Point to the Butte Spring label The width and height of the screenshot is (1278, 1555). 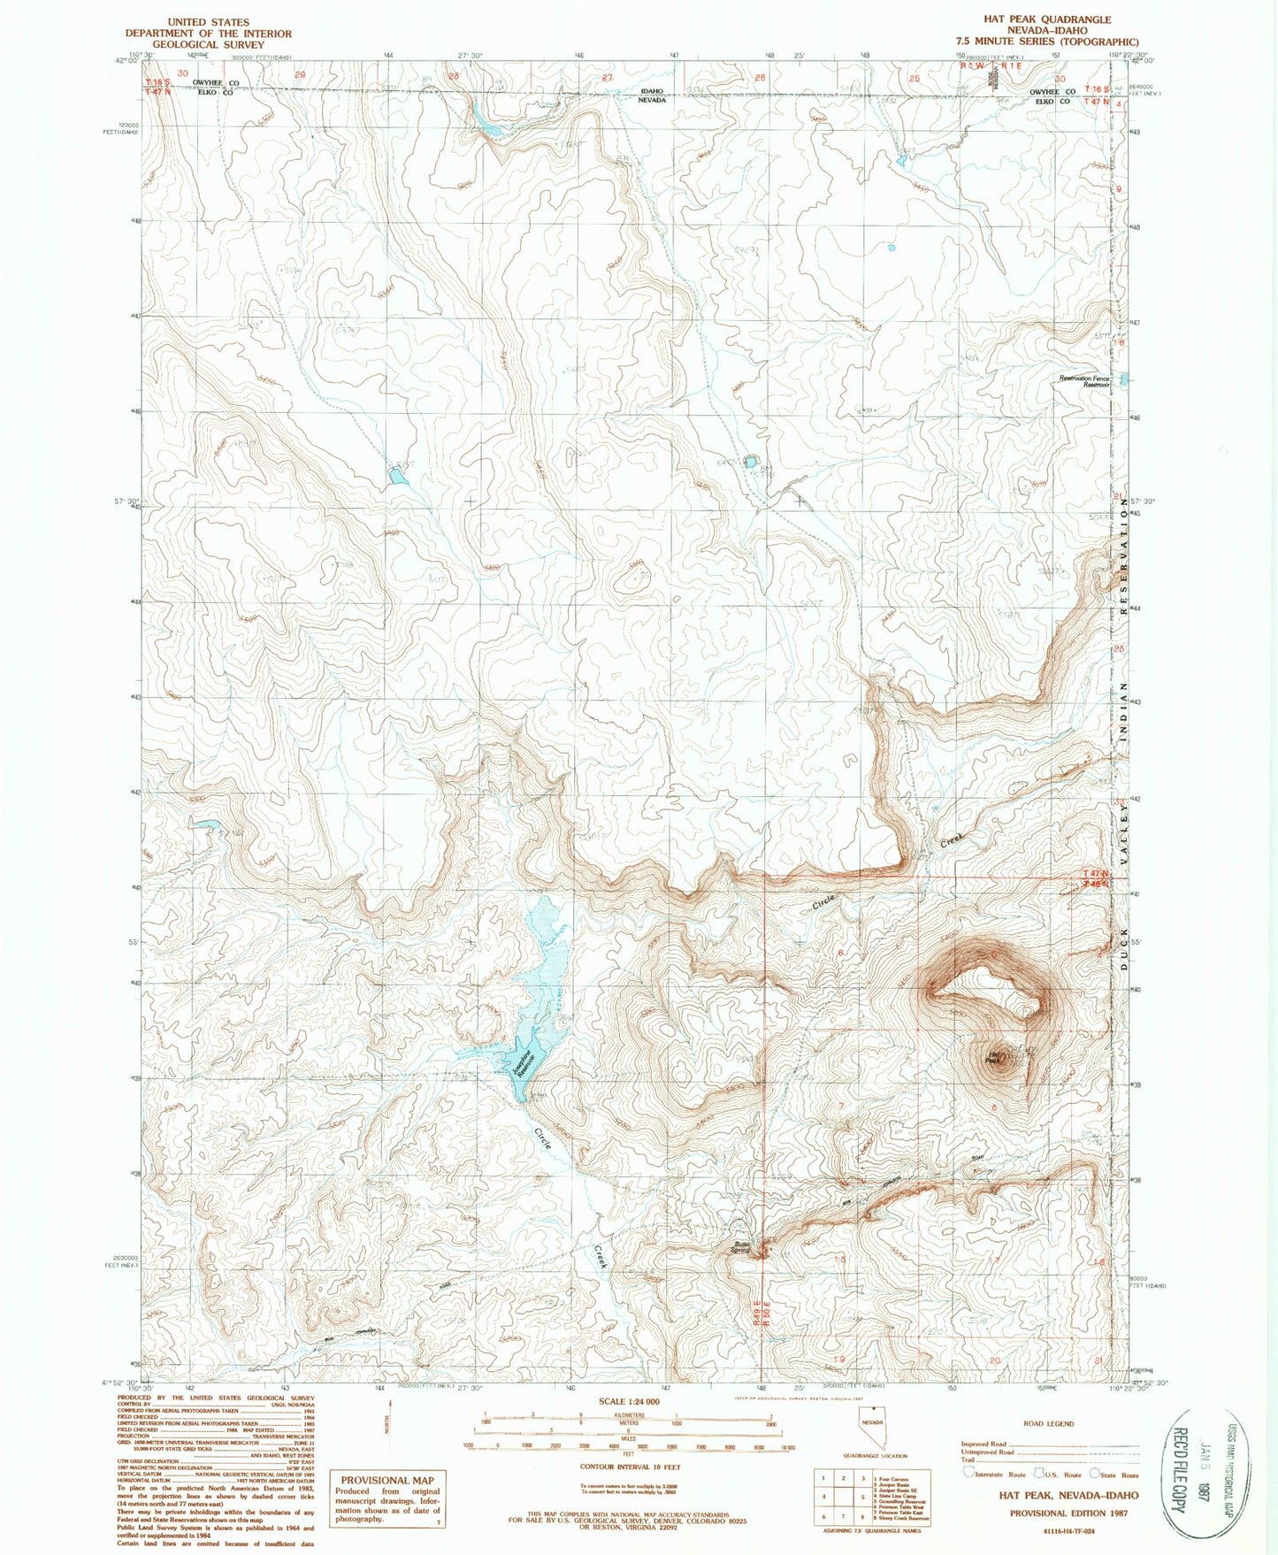click(740, 1247)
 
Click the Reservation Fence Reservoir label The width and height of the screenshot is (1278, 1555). click(1085, 381)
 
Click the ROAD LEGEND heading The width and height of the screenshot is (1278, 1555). click(1050, 1424)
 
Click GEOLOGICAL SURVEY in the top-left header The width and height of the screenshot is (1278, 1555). click(208, 44)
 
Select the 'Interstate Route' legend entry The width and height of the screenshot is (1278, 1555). click(999, 1475)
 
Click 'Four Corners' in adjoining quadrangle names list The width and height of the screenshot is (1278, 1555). click(891, 1478)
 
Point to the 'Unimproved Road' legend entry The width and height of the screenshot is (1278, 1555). click(987, 1452)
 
